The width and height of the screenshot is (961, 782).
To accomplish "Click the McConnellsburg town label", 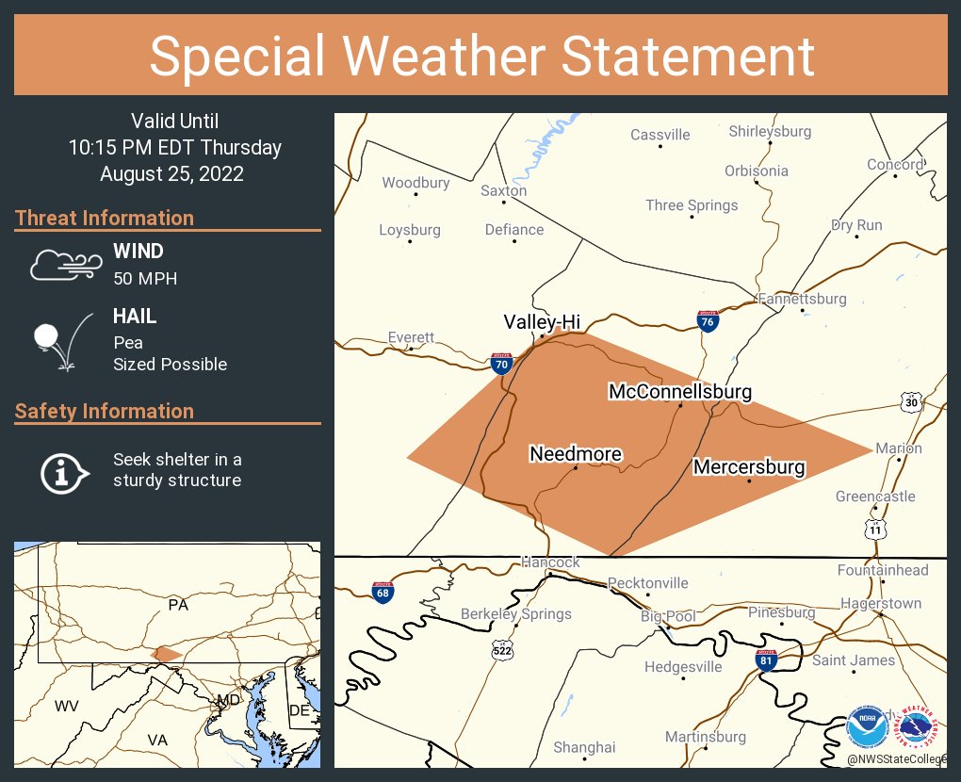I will click(x=680, y=390).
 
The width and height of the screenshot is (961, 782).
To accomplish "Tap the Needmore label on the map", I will click(x=576, y=454).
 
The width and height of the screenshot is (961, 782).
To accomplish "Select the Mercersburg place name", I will click(x=749, y=466).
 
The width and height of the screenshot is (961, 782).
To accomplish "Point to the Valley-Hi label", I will click(x=541, y=321).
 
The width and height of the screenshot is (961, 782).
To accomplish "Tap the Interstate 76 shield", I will click(x=708, y=321).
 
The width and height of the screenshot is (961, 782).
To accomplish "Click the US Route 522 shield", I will click(x=502, y=649).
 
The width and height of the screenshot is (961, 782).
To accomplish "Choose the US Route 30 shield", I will click(x=910, y=401).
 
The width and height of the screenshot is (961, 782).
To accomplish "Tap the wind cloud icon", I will click(x=64, y=265).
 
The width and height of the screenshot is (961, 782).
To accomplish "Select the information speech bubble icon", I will click(x=64, y=472).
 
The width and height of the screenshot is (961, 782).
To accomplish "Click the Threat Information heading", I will click(x=105, y=218).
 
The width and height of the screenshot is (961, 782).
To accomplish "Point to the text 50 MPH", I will click(x=145, y=278).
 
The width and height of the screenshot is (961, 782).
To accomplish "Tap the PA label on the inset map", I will click(x=178, y=604).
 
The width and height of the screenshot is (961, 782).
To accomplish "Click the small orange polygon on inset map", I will click(x=166, y=653).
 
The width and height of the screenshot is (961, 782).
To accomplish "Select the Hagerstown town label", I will click(x=880, y=603).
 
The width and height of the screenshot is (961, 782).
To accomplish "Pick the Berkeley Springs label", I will click(x=516, y=613).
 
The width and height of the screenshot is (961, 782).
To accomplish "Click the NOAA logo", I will click(x=867, y=727).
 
